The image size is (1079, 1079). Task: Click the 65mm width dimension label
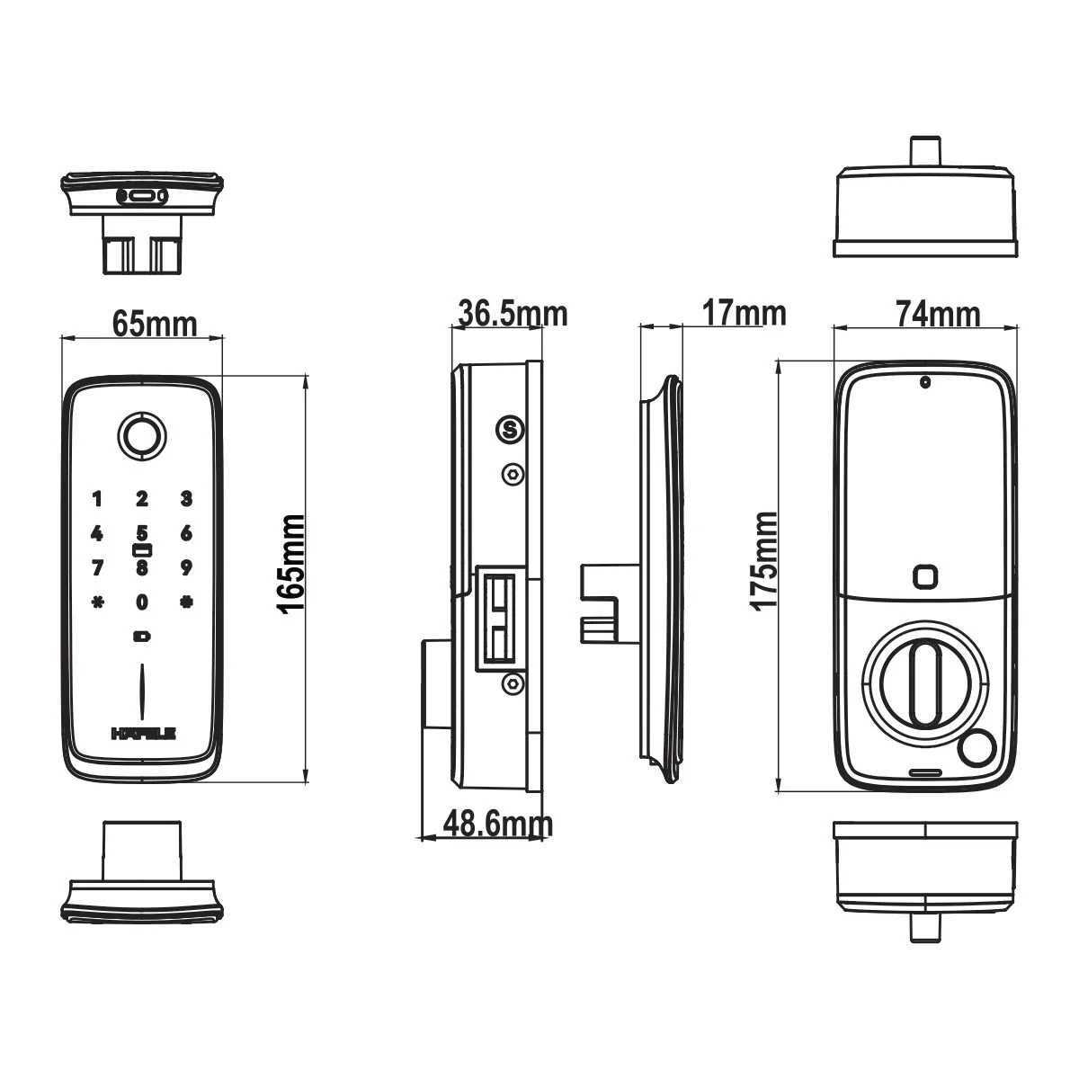click(x=155, y=325)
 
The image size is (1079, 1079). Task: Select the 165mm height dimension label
click(x=292, y=565)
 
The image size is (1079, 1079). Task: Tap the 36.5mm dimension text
click(x=513, y=314)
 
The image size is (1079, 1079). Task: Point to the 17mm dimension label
click(x=745, y=313)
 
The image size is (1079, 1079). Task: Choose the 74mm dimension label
click(x=938, y=314)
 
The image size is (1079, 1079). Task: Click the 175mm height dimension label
click(x=764, y=560)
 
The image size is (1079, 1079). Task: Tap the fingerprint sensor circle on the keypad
click(x=142, y=437)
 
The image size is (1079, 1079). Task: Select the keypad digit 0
click(x=142, y=602)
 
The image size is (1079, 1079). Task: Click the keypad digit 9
click(x=186, y=567)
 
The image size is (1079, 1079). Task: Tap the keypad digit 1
click(x=97, y=498)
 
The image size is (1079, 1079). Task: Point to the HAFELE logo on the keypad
click(x=144, y=734)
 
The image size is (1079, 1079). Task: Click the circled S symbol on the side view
click(x=510, y=430)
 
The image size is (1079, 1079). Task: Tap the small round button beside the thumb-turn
click(x=976, y=750)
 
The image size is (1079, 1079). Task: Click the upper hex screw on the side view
click(x=513, y=474)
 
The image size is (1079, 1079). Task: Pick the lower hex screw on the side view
click(x=513, y=683)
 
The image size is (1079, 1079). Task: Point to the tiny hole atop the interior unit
click(x=925, y=383)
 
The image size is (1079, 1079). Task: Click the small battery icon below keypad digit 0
click(x=142, y=637)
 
